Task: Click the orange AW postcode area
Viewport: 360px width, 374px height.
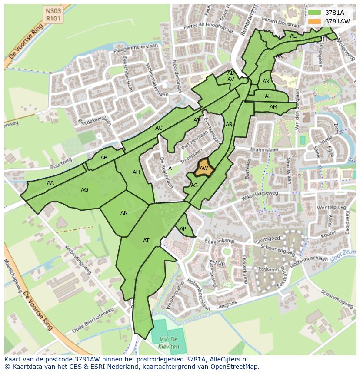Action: [203, 169]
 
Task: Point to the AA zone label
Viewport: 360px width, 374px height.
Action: [50, 183]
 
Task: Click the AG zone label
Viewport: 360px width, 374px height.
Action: [85, 189]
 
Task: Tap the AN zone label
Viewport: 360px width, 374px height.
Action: [124, 213]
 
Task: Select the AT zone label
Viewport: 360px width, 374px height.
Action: [146, 240]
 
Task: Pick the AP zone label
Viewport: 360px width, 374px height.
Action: [183, 229]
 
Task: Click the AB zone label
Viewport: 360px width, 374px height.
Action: [104, 158]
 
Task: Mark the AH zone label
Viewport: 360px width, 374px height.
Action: [136, 172]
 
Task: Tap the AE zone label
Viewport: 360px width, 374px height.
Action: [293, 36]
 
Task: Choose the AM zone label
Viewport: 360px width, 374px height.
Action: [273, 107]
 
